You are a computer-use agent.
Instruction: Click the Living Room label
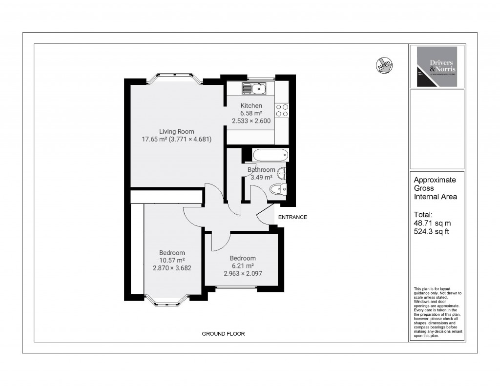pos(176,131)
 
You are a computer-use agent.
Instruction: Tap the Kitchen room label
pos(251,105)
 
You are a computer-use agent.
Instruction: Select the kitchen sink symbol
pos(253,88)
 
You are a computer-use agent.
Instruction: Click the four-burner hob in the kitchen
pos(282,110)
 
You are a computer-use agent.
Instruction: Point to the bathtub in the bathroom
pos(270,155)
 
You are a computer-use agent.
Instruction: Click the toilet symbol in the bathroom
pos(279,189)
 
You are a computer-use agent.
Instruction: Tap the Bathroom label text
pos(261,170)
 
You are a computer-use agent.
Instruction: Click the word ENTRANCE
pos(292,217)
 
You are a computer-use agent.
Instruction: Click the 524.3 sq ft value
pos(431,231)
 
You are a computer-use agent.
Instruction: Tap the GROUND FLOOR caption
pos(223,334)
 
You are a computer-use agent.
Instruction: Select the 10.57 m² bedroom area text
pos(172,260)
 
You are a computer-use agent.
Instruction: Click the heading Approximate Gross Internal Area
pos(435,188)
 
